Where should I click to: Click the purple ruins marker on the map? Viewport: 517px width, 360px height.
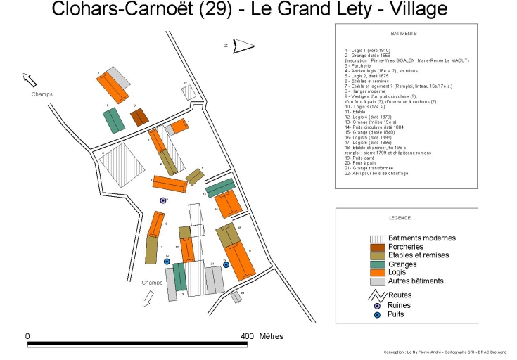[163, 200]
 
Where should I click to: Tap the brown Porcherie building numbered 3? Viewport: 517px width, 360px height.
[140, 117]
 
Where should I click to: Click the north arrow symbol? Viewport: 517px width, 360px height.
[243, 46]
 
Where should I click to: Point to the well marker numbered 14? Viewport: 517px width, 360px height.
[167, 262]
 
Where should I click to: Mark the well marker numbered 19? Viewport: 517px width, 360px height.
[226, 265]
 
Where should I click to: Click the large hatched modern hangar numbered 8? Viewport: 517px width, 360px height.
[122, 164]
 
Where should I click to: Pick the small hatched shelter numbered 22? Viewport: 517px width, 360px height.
[188, 92]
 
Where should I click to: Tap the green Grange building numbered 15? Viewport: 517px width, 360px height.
[219, 188]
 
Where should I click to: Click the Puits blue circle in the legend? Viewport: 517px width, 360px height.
[378, 314]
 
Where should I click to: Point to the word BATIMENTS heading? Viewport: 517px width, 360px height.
[403, 33]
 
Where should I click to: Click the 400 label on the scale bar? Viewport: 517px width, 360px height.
[246, 335]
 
